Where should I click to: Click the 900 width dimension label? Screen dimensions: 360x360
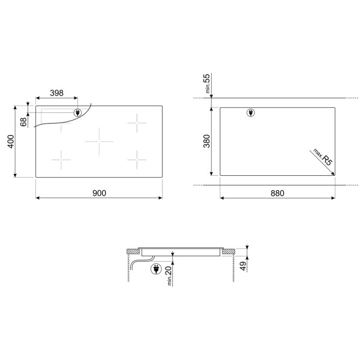[x=99, y=193]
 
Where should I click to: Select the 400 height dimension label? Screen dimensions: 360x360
[x=11, y=142]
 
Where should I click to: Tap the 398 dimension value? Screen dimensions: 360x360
[x=57, y=93]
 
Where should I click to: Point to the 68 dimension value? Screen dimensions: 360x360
[x=23, y=122]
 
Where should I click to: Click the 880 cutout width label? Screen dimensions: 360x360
[x=277, y=193]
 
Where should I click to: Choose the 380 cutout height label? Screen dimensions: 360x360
[x=206, y=141]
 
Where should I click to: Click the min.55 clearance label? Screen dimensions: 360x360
[x=207, y=83]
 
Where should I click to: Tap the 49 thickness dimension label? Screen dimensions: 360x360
[x=243, y=266]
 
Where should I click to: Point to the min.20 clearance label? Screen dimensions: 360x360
[x=169, y=275]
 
